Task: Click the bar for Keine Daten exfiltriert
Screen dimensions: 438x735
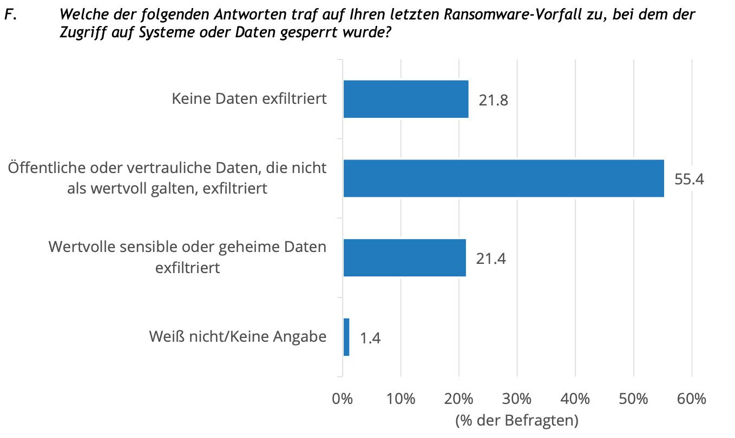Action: click(406, 99)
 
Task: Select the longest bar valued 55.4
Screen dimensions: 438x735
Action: click(503, 178)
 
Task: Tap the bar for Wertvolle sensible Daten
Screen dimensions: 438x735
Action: click(404, 257)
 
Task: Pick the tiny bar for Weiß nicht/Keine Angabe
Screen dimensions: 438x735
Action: click(346, 337)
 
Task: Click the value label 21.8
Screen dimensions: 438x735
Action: click(493, 100)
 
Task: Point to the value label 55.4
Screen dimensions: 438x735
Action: click(689, 179)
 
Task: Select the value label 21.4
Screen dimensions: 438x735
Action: click(491, 258)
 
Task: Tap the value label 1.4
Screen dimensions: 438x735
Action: click(370, 339)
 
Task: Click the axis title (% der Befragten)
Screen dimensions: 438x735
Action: click(517, 420)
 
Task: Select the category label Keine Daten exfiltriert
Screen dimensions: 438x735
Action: click(249, 99)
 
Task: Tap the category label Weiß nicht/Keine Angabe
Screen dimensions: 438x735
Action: click(238, 337)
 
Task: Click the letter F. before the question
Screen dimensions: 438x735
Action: click(8, 15)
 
